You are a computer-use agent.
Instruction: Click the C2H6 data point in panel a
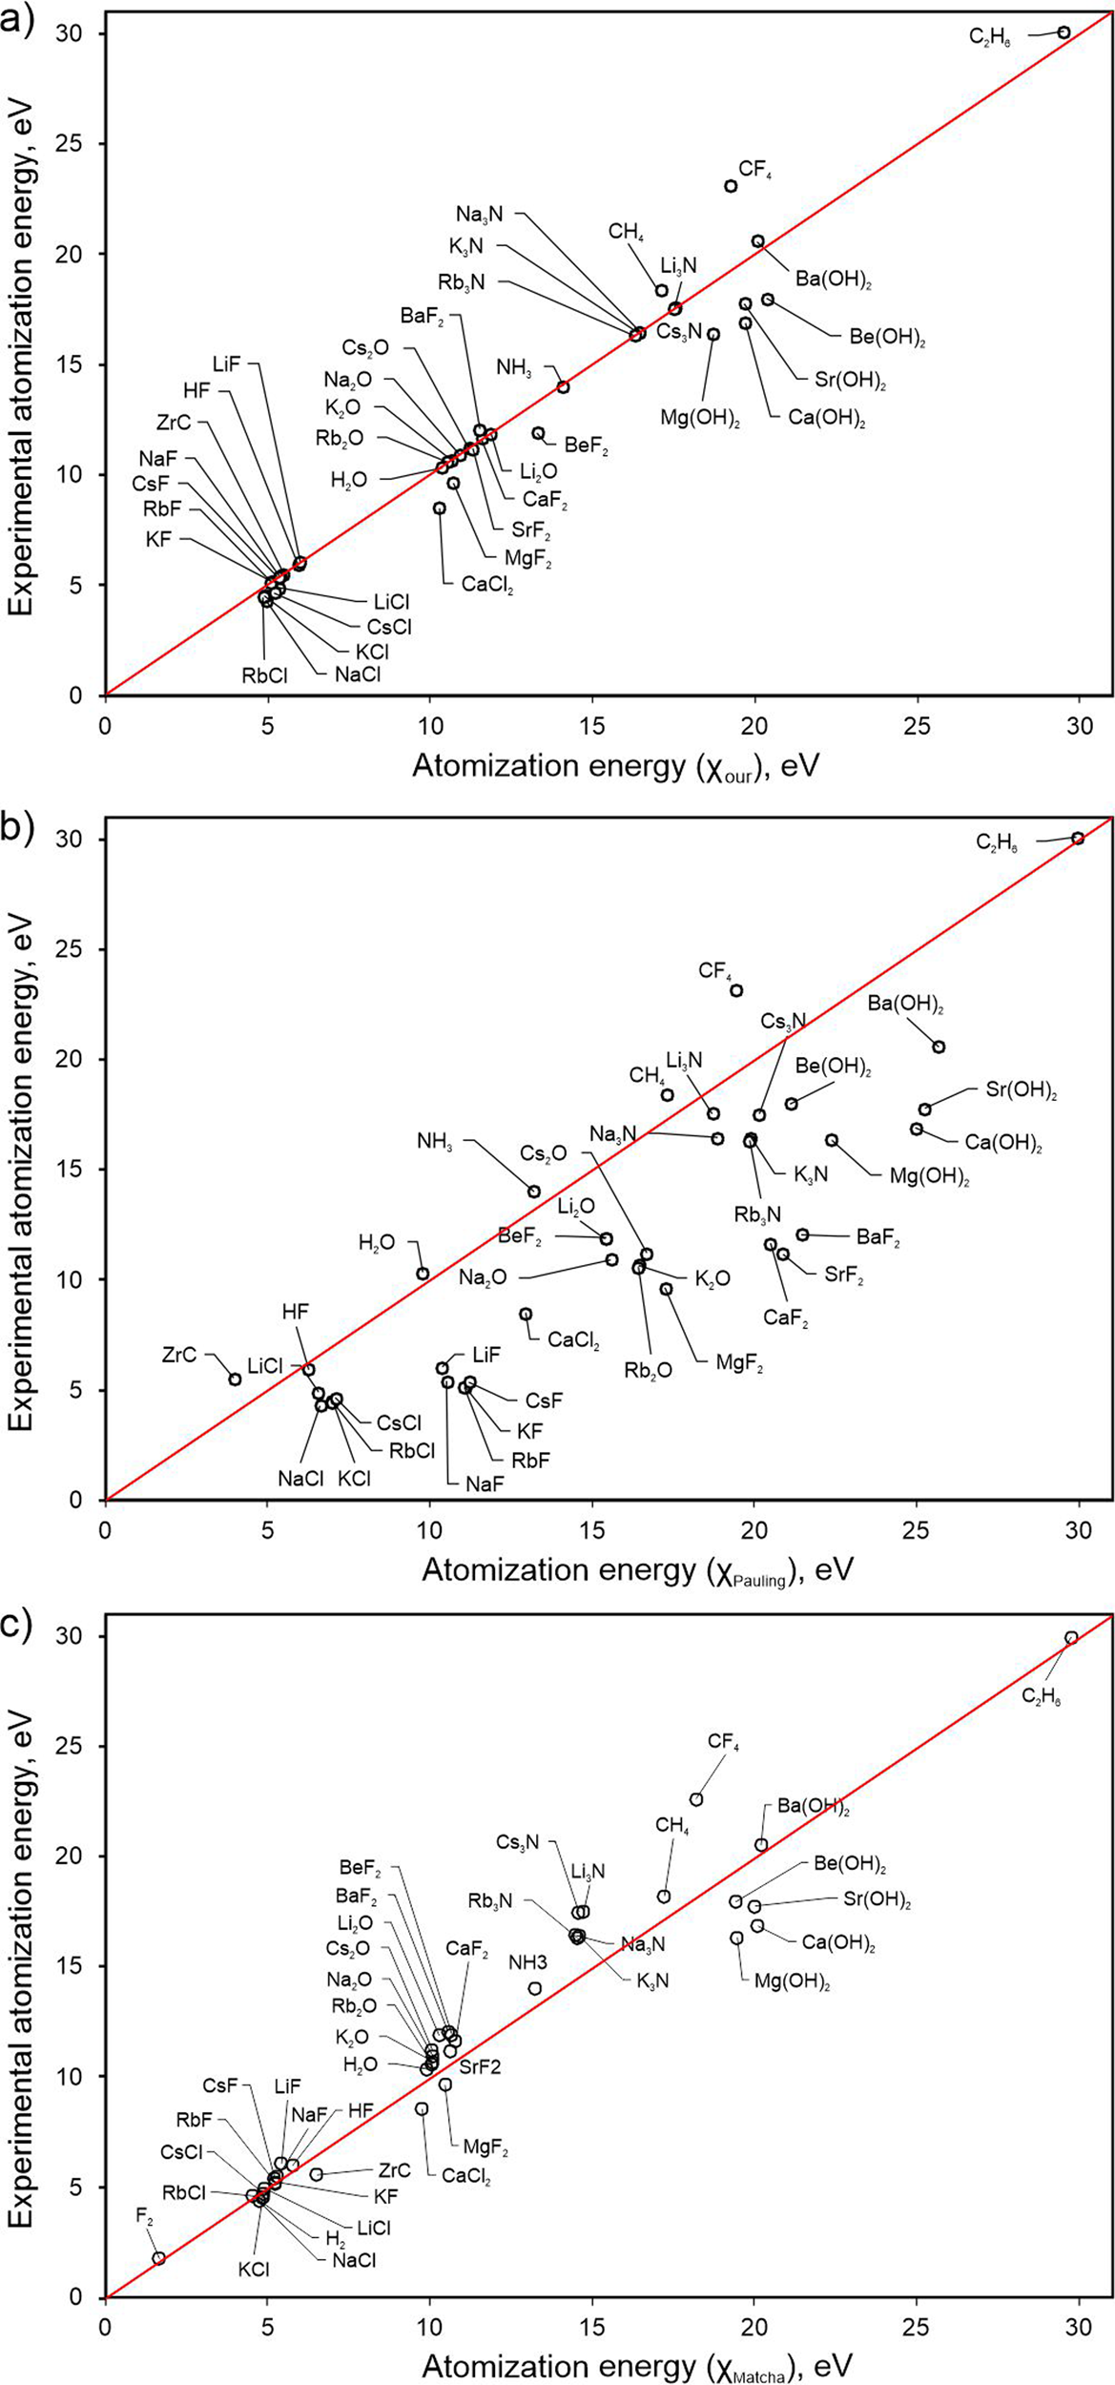[1063, 32]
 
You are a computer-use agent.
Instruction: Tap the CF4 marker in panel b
[736, 990]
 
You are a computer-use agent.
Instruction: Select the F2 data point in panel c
[158, 2258]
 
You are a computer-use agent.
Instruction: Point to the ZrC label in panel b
[179, 1355]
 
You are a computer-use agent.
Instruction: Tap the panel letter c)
[17, 1625]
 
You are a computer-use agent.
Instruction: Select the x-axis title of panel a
[615, 766]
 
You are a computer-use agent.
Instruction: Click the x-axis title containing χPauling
[637, 1570]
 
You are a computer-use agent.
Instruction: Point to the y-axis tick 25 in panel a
[86, 144]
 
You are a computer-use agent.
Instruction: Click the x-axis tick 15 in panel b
[592, 1524]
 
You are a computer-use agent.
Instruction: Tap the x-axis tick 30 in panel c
[1079, 2320]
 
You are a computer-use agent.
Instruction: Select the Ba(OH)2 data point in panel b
[939, 1047]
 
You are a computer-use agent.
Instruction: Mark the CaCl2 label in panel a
[487, 584]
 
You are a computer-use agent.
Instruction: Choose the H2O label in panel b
[376, 1242]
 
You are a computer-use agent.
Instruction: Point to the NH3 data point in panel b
[534, 1192]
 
